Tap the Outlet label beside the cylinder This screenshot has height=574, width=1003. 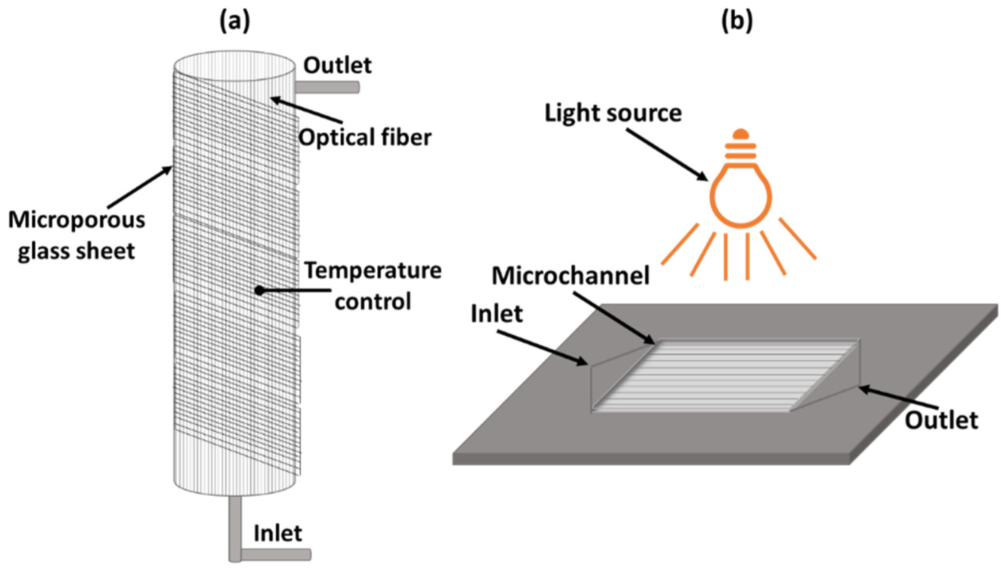tap(338, 66)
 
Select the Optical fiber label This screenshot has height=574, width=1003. tap(365, 138)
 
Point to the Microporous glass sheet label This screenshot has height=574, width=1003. tap(76, 236)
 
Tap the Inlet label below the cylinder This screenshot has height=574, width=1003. tap(278, 533)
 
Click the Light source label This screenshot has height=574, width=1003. tap(613, 113)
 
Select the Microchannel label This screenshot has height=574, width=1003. tap(571, 275)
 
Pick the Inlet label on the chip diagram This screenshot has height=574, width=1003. tap(497, 314)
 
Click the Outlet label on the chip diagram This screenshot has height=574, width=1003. tap(941, 420)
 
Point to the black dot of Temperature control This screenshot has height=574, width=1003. tap(259, 291)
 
